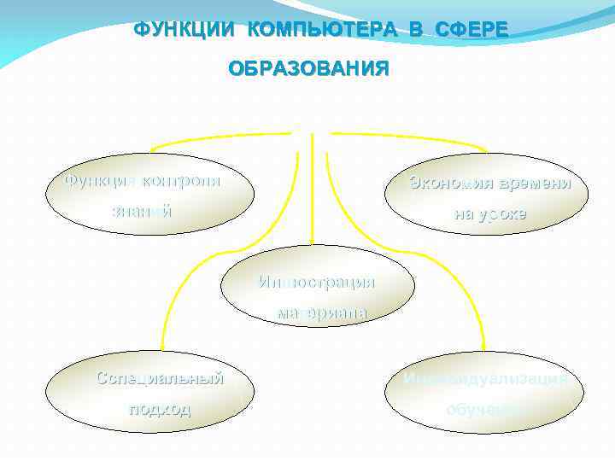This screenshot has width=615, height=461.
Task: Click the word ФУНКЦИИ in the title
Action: coord(185,31)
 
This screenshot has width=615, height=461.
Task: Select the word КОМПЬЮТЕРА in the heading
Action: coord(322,31)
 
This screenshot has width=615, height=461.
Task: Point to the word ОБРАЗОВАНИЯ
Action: coord(307,68)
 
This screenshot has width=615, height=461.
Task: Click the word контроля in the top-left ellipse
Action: coord(180,180)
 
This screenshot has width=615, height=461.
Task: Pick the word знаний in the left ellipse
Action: coord(142,210)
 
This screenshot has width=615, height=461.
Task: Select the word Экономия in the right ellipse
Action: coord(451,183)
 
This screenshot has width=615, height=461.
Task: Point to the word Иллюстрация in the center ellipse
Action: coord(317,282)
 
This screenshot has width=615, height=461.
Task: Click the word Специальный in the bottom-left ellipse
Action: coord(160,377)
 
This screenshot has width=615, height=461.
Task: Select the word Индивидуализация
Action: coord(484,378)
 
